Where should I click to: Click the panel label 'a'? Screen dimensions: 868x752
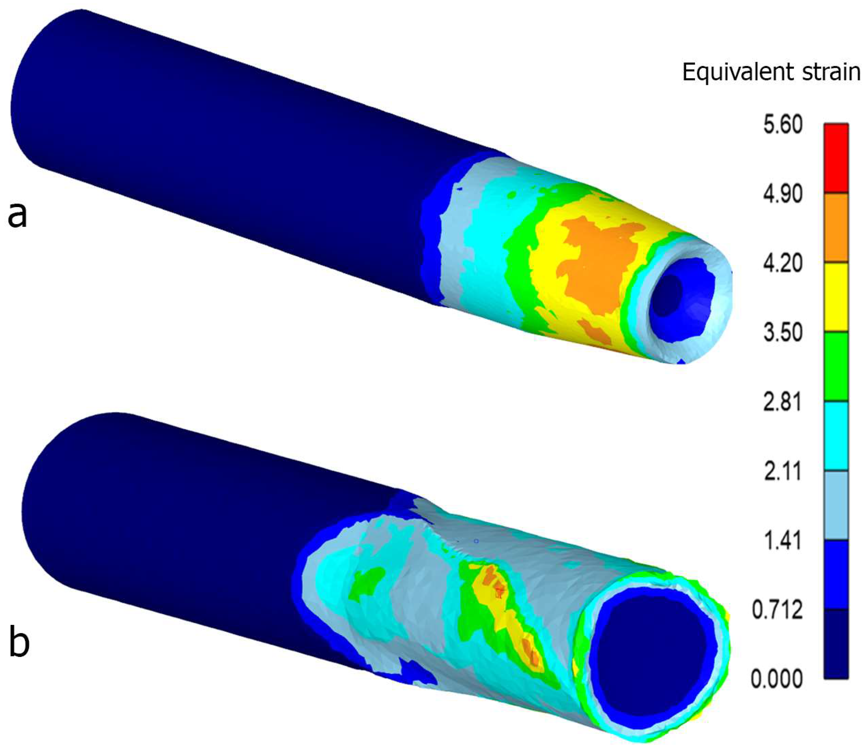coord(17,215)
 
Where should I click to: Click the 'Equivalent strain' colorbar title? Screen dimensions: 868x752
coord(771,72)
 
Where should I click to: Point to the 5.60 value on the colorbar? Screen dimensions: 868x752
coord(783,125)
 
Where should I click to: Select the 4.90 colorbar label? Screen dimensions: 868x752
coord(783,194)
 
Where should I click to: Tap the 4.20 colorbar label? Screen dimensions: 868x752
coord(783,264)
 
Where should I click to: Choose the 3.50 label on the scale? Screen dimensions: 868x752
coord(783,333)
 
